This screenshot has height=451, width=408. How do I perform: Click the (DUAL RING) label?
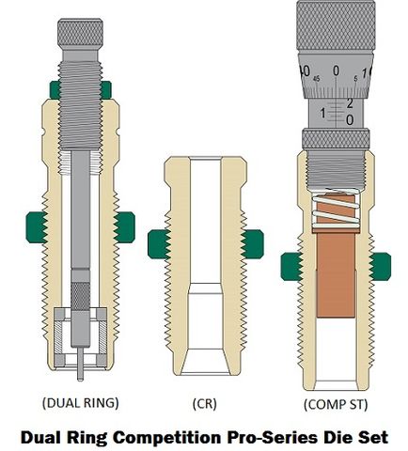[81, 403]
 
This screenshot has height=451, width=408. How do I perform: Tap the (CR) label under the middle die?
[204, 404]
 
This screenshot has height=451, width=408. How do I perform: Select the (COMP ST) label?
[336, 404]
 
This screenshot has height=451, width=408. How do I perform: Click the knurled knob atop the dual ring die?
[80, 33]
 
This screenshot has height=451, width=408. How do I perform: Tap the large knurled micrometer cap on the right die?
[336, 26]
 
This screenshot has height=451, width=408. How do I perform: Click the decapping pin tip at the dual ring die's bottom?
[80, 379]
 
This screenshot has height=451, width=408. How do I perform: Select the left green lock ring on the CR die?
[159, 244]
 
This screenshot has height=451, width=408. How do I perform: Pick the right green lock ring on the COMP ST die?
[381, 266]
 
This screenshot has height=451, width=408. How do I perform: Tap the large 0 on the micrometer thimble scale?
[336, 70]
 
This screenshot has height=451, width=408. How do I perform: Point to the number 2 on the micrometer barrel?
[350, 103]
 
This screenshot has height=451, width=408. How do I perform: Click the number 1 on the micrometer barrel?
[322, 113]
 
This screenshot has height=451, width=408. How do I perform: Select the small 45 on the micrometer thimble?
[316, 79]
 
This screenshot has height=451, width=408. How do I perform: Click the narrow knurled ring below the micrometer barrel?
[336, 138]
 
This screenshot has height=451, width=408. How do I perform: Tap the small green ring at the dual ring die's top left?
[55, 90]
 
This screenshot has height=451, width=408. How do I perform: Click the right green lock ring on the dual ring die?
[125, 227]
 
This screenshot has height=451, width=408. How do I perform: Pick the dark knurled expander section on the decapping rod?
[80, 296]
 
